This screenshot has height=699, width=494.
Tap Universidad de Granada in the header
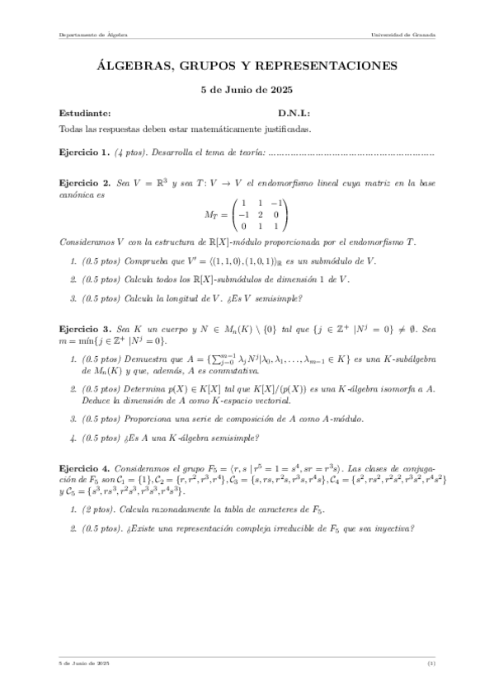click(x=404, y=35)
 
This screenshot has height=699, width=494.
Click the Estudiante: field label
click(x=85, y=114)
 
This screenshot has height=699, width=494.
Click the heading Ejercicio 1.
click(x=84, y=152)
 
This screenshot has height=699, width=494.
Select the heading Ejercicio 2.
click(x=84, y=181)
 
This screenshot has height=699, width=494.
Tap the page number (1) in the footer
click(x=431, y=664)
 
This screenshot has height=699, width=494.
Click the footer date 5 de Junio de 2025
click(x=84, y=664)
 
